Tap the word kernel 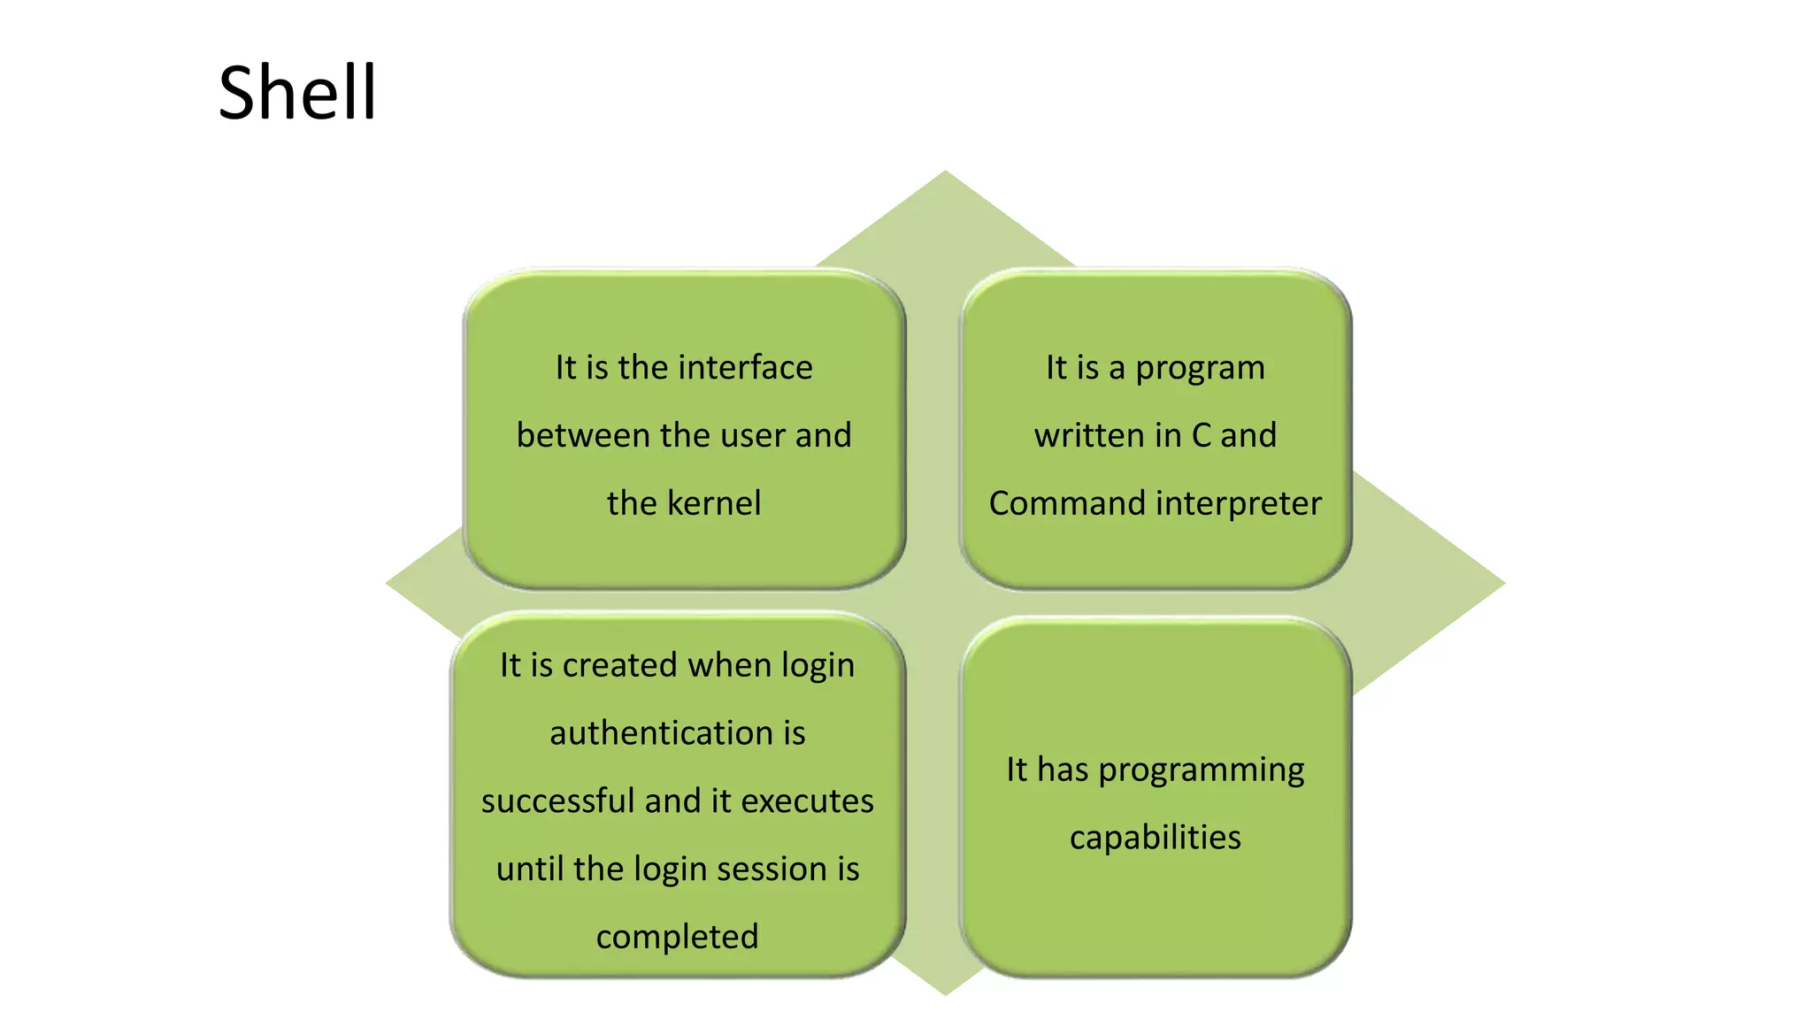(x=714, y=503)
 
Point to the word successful (x=558, y=801)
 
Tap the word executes (x=807, y=801)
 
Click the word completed (x=677, y=937)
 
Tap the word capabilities (x=1155, y=838)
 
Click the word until (x=530, y=869)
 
